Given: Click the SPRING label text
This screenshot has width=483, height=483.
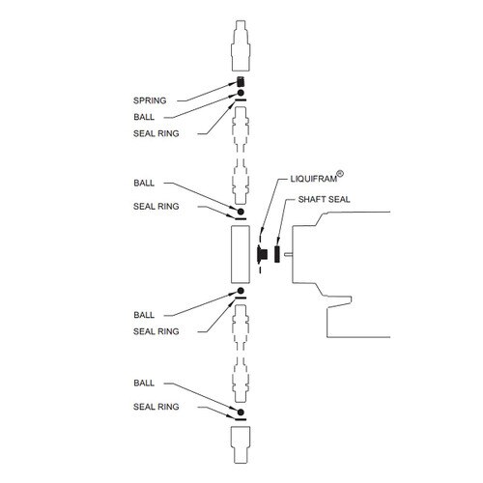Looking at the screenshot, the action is [150, 100].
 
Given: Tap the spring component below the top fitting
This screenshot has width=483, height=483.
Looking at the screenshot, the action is [241, 82].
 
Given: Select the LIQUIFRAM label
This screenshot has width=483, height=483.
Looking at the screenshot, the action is [314, 179].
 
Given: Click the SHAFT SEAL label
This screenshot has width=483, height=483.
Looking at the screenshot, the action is [324, 199].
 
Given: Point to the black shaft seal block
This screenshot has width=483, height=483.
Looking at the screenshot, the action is [276, 254].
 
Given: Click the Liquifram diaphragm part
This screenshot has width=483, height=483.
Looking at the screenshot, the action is [261, 254].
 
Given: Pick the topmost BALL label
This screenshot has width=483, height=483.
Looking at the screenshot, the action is [144, 117].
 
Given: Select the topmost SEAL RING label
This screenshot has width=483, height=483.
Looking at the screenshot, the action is [156, 133].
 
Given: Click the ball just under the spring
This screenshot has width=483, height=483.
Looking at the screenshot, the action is [241, 93].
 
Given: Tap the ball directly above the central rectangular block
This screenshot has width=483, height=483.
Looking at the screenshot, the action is [241, 212].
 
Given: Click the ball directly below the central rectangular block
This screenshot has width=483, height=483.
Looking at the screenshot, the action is [241, 291].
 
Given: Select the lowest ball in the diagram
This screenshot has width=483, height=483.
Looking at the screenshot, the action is [241, 412].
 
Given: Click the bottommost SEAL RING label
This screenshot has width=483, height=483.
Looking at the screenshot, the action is [156, 407].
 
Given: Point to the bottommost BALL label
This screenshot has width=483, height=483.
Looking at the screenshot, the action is [144, 383].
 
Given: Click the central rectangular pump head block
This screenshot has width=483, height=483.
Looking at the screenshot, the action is [241, 254].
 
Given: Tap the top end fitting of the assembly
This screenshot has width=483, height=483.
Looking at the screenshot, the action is [241, 45].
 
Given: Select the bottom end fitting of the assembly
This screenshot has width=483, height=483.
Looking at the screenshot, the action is [241, 445].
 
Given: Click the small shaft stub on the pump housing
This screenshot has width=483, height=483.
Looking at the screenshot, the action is [288, 254].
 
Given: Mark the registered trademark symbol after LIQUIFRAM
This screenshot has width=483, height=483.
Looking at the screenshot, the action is [340, 174].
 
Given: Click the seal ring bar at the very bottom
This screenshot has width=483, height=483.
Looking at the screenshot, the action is [241, 419].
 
